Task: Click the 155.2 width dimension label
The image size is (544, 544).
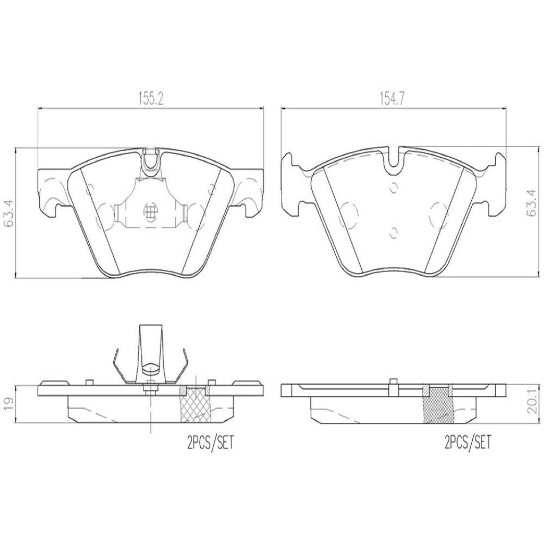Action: coord(151,99)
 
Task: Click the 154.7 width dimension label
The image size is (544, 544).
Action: coord(394,99)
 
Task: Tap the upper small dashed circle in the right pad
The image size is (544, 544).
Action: coord(394,188)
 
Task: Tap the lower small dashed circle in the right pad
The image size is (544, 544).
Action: coord(394,233)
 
